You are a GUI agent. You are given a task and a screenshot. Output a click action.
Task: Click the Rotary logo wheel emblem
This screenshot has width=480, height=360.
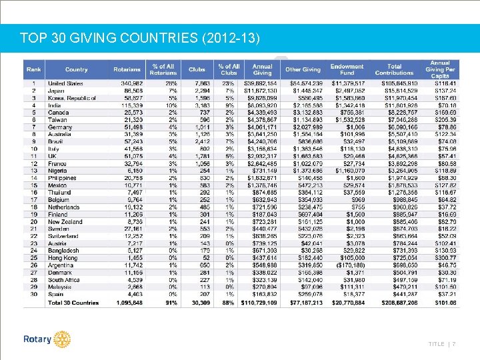[x=63, y=339]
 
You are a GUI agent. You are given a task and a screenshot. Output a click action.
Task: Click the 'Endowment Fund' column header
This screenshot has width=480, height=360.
[x=347, y=69]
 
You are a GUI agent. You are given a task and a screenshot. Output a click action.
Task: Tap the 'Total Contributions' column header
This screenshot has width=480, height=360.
[x=395, y=69]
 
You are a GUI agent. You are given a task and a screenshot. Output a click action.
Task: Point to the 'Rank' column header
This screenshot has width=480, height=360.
[x=33, y=69]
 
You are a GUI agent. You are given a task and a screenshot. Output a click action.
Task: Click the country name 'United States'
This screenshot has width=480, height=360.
[x=65, y=83]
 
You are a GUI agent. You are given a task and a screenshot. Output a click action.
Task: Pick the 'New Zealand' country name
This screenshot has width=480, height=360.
[x=64, y=221]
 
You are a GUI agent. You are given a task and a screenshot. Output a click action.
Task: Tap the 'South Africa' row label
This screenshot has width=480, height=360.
[x=64, y=279]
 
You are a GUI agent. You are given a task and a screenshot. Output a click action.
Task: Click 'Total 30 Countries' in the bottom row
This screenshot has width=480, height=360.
[x=73, y=303]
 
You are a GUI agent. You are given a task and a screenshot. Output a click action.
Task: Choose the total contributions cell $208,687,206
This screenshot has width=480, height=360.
[x=395, y=303]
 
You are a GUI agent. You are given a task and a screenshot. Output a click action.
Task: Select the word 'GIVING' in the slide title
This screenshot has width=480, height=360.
[x=86, y=37]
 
